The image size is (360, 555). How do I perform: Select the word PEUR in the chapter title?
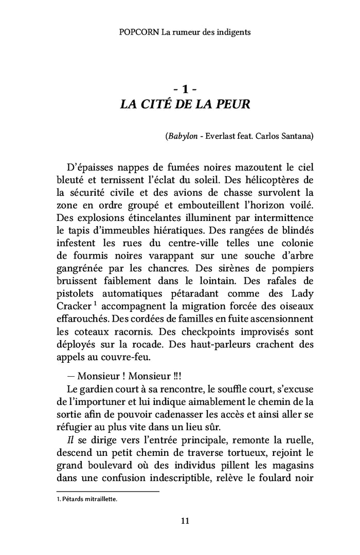pyautogui.click(x=233, y=105)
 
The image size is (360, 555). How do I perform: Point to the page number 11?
pyautogui.click(x=185, y=521)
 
